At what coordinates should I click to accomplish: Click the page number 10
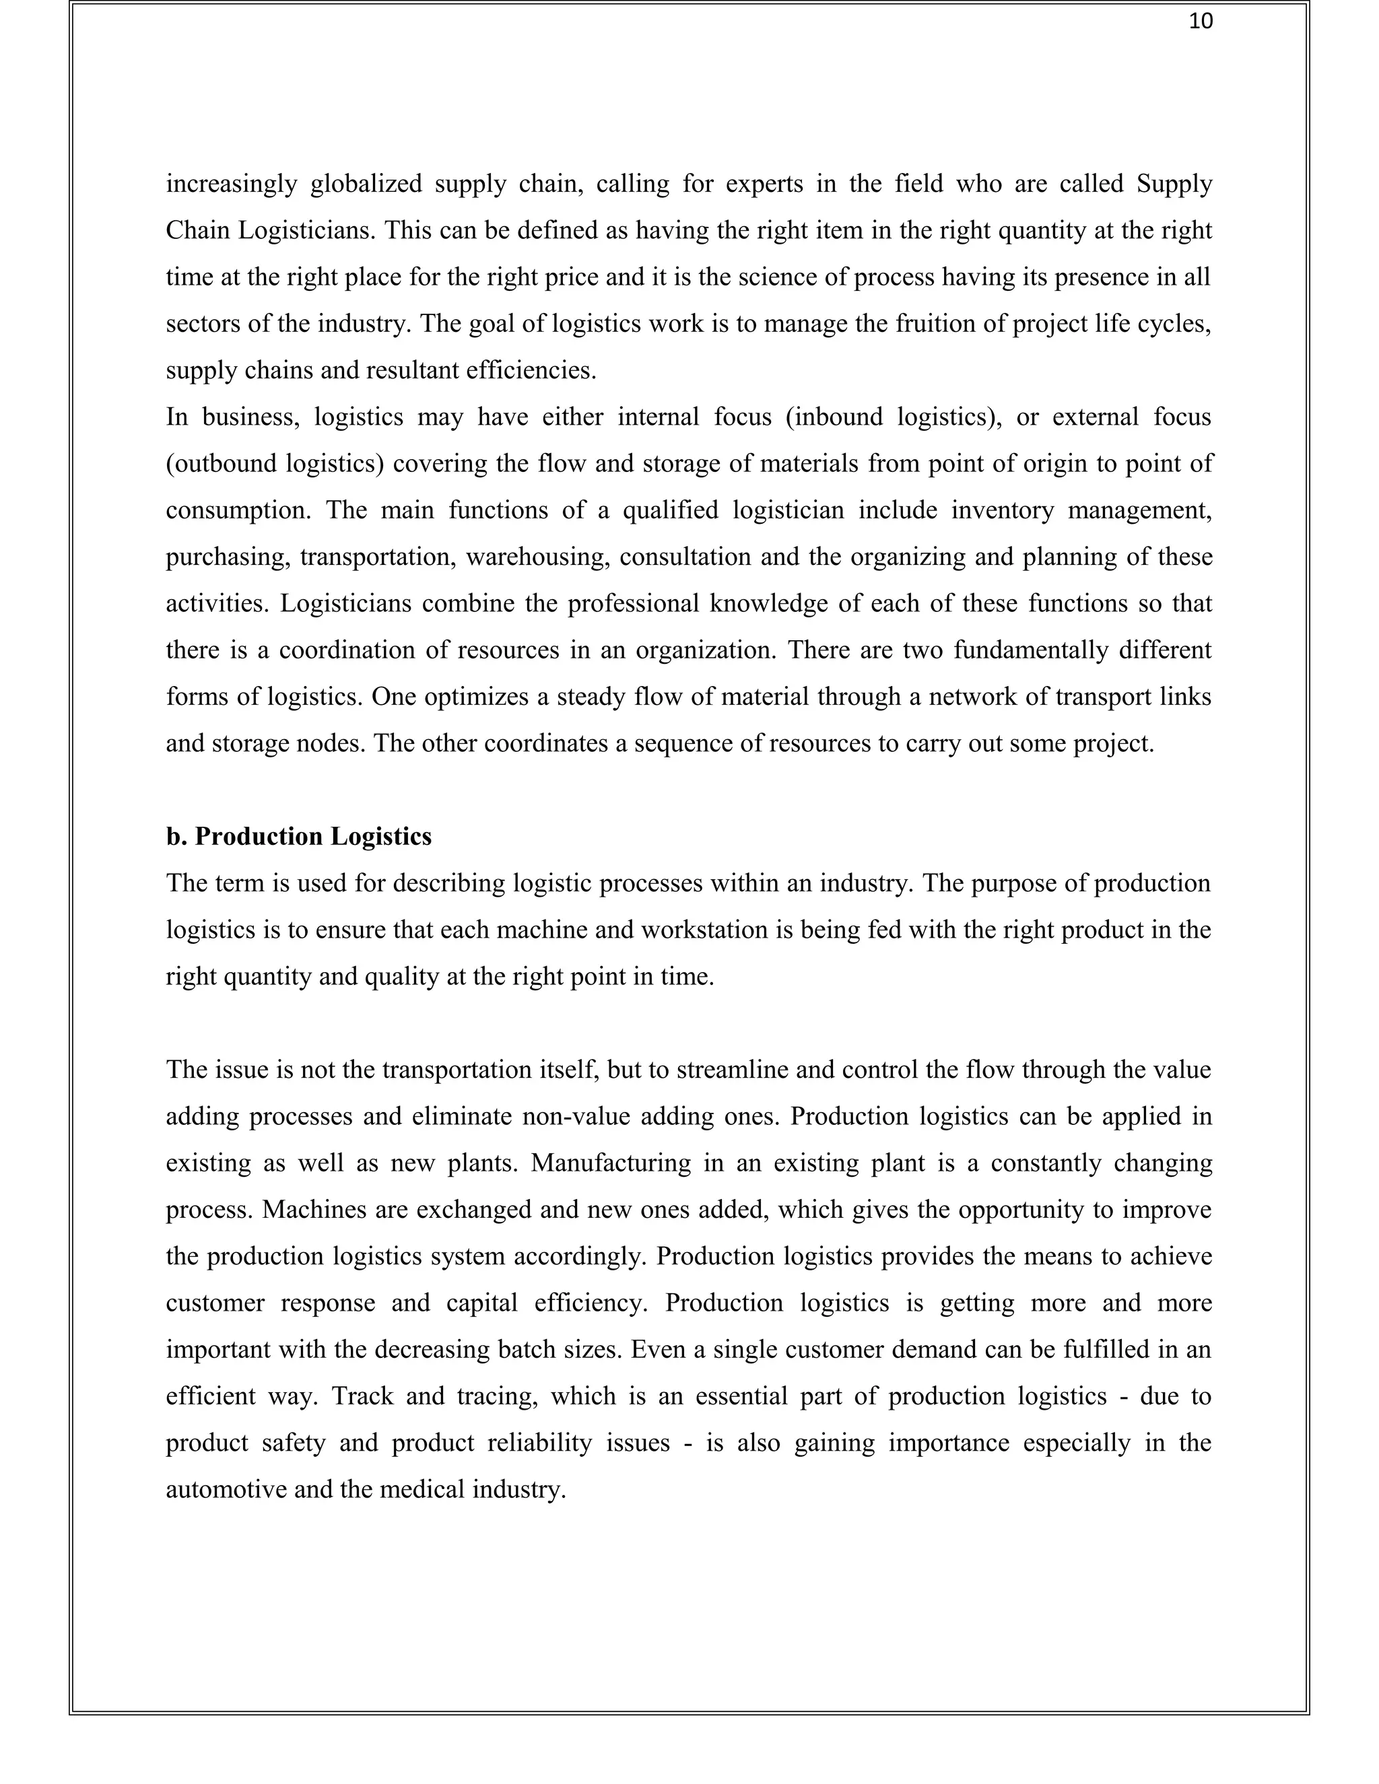pos(1200,22)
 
